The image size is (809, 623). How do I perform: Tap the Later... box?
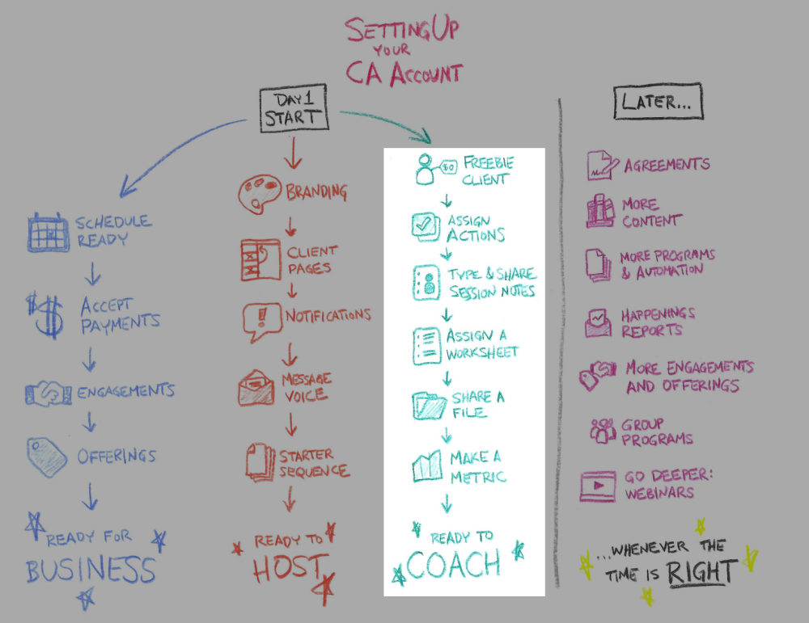(657, 101)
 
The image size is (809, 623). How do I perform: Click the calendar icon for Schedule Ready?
(48, 231)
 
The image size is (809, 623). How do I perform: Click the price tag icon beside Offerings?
(47, 455)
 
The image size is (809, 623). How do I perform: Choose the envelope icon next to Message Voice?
(256, 387)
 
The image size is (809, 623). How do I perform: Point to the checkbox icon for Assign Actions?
(425, 227)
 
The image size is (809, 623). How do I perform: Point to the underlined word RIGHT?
(701, 571)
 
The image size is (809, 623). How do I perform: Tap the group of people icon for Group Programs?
(603, 430)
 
